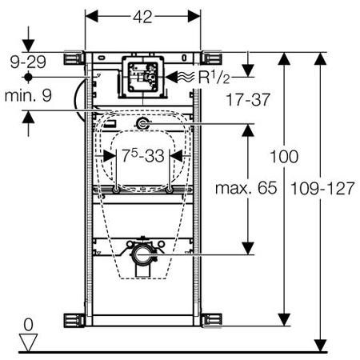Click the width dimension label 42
coord(142,17)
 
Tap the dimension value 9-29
coord(28,62)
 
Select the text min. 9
coord(28,95)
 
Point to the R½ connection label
coord(214,77)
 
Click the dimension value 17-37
coord(248,99)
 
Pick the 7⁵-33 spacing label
coord(143,155)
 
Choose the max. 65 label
coord(246,188)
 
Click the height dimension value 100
coord(284,157)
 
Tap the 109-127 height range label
coord(322,188)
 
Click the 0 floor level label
coord(28,325)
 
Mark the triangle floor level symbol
coord(28,342)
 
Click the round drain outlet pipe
coord(143,254)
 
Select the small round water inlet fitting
coord(142,124)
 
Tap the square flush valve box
coord(143,77)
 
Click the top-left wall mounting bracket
coord(74,58)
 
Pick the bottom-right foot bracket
coord(211,320)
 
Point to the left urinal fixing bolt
coord(117,190)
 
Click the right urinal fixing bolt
coord(169,190)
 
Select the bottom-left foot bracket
coord(74,320)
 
